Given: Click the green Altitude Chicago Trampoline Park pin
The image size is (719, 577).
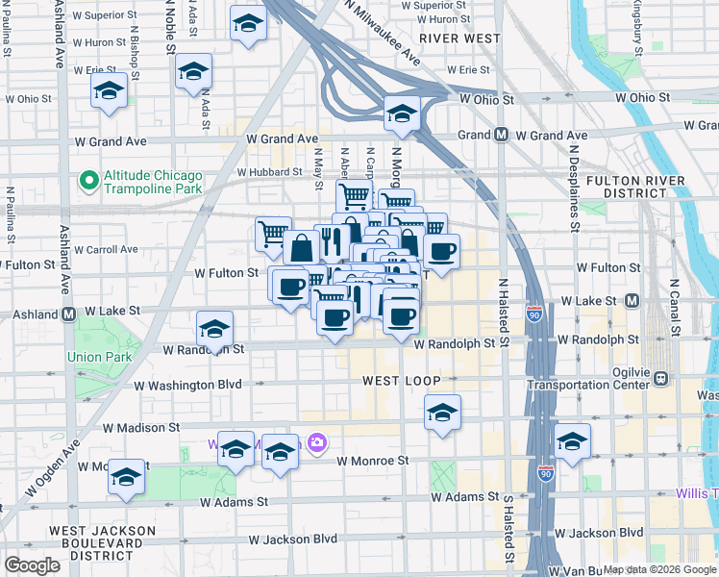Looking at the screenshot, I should point(89,180).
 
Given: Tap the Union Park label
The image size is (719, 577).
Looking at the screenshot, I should point(97,357).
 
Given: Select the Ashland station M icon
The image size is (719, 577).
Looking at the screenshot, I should point(69,314).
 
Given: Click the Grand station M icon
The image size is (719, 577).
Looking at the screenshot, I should point(501,136).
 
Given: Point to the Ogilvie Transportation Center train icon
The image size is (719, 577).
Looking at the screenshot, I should point(661,378).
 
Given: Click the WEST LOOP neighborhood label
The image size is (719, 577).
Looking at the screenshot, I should point(402,382).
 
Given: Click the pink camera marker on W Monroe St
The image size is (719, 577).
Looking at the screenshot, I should point(317,443).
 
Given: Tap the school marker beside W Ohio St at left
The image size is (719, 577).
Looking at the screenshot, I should point(110,92).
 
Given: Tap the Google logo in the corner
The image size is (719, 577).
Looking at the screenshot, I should point(32,565).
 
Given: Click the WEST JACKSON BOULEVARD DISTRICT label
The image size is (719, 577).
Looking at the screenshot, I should point(102,542).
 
